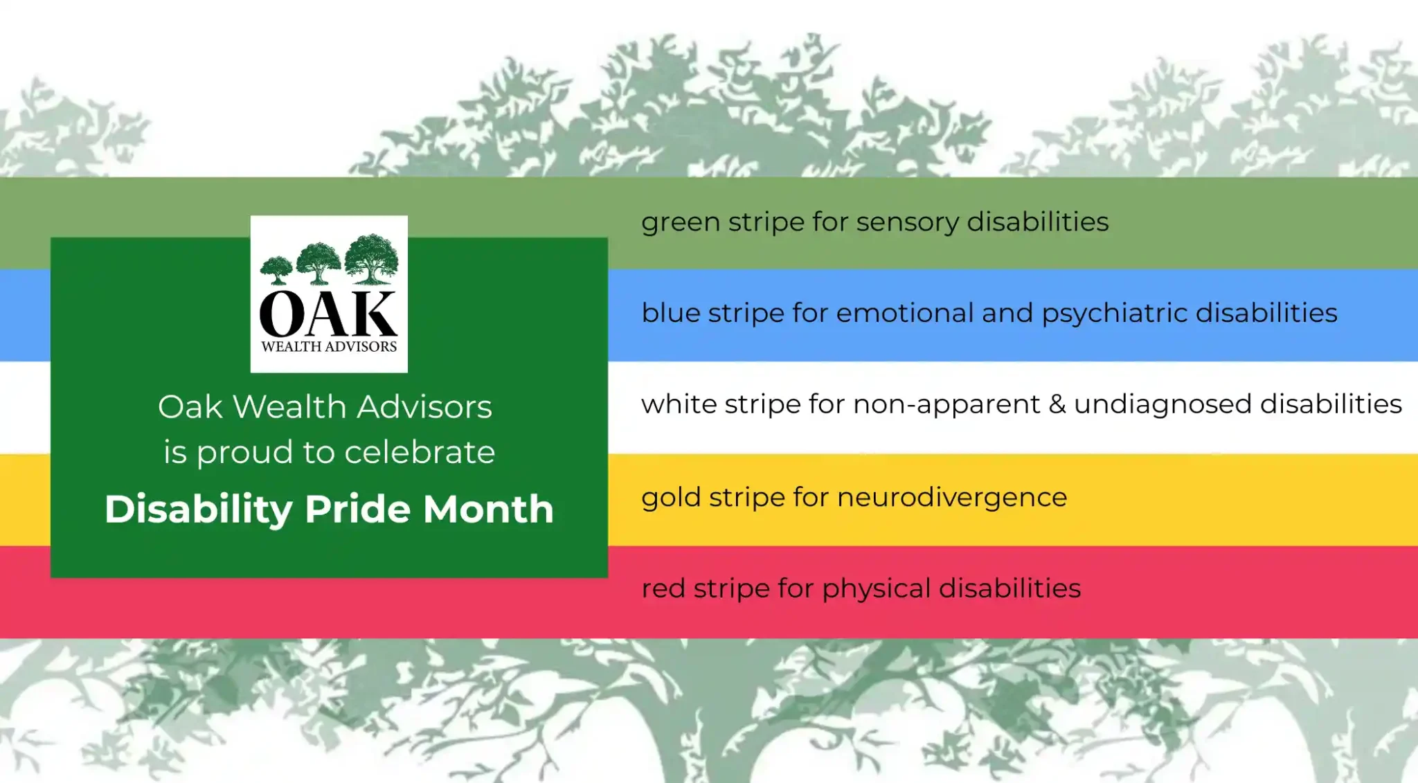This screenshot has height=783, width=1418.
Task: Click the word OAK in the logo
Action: click(329, 314)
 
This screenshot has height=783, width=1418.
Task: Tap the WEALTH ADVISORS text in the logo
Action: click(329, 346)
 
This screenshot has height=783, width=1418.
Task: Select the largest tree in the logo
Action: click(372, 259)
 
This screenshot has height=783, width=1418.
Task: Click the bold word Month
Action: click(489, 509)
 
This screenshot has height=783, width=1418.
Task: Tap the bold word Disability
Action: click(199, 510)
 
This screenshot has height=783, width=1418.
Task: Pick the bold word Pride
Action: click(358, 509)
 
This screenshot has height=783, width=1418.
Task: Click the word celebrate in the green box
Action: click(420, 452)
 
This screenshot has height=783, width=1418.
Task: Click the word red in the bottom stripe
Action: click(663, 588)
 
